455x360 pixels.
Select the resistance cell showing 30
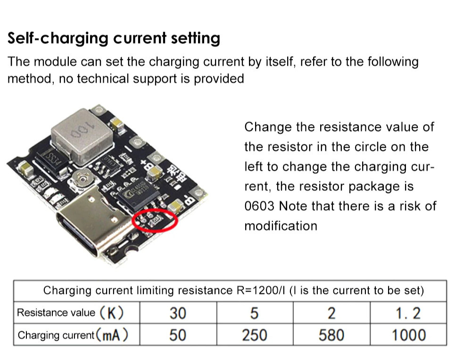point(178,313)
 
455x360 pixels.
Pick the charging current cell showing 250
point(254,335)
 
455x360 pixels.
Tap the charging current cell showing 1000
point(408,335)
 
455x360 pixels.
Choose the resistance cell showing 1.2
point(408,313)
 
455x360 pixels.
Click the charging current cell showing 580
point(331,335)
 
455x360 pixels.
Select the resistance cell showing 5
point(254,313)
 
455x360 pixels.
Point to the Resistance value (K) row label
point(70,313)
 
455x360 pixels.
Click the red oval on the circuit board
point(155,220)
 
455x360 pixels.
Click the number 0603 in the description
point(259,206)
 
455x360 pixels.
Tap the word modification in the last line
point(281,226)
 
